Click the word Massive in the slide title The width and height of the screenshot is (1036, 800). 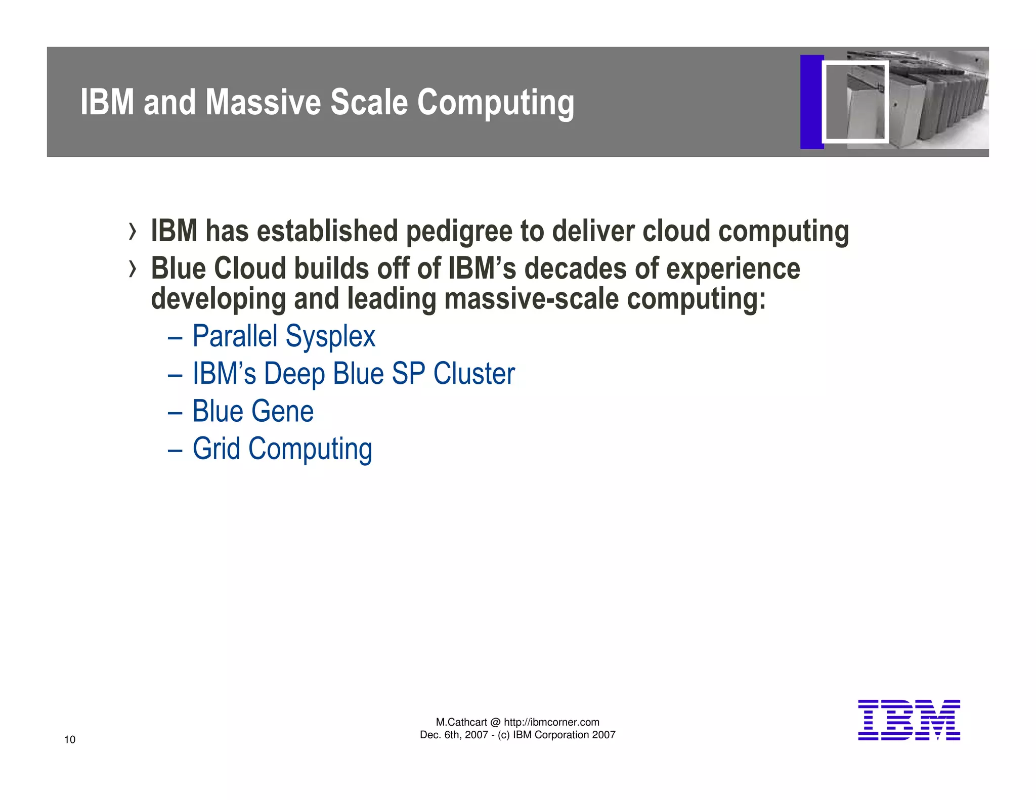(264, 102)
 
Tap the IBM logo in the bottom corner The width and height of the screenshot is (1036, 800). (909, 720)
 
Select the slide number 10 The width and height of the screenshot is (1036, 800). (70, 740)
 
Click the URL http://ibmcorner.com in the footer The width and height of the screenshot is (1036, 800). (551, 722)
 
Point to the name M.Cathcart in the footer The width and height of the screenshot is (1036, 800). (461, 722)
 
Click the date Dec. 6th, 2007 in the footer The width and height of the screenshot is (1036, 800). (453, 735)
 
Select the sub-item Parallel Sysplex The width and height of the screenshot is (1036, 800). (284, 336)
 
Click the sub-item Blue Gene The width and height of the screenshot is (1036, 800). (253, 411)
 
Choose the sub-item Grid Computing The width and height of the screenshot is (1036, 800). (282, 449)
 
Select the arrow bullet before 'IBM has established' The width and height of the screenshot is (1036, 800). (133, 232)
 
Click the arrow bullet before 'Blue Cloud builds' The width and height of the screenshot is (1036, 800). (133, 269)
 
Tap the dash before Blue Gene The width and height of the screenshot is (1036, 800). (175, 412)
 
